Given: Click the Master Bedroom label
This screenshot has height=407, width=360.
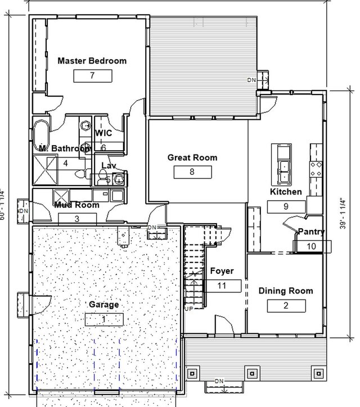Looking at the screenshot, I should (92, 61).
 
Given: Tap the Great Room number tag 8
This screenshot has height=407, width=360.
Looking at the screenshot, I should (192, 172).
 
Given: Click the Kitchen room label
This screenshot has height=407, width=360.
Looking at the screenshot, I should (286, 192).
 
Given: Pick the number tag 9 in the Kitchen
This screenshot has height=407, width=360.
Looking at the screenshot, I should (286, 206).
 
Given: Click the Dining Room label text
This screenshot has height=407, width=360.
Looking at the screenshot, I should (286, 291).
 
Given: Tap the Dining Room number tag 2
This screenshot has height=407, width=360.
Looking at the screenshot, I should (286, 306).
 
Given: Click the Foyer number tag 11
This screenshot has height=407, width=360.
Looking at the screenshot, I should (222, 286).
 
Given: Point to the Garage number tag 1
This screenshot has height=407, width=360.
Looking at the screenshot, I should (103, 319).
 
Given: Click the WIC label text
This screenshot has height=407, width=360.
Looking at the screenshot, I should (103, 133).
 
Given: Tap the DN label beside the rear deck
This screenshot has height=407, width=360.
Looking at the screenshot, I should (251, 80).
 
